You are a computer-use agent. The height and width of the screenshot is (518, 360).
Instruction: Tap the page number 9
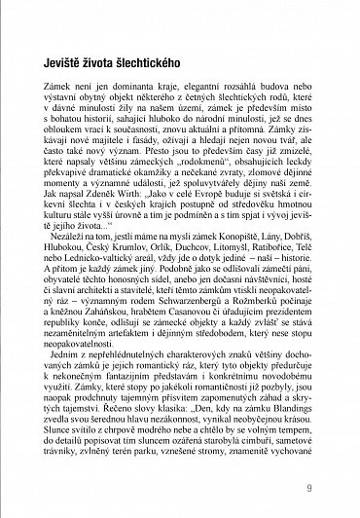307,485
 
